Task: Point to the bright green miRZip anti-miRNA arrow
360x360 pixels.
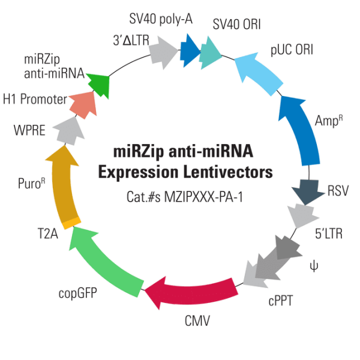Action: tap(99, 83)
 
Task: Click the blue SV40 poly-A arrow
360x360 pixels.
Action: tap(190, 49)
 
